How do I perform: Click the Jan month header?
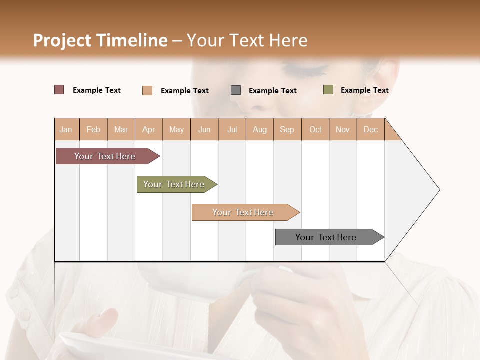point(66,129)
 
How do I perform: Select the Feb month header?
point(93,129)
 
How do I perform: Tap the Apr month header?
point(148,129)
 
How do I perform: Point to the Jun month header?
point(204,129)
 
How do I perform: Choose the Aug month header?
point(259,129)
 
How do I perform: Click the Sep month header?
point(287,129)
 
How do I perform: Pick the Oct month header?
point(315,129)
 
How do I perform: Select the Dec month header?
point(370,129)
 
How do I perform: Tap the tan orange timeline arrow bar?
point(243,212)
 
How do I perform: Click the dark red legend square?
point(59,90)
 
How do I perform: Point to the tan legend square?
point(147,90)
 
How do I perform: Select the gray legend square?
point(236,90)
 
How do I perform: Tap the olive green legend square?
point(328,90)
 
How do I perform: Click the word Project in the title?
point(62,40)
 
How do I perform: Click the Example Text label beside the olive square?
point(364,90)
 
